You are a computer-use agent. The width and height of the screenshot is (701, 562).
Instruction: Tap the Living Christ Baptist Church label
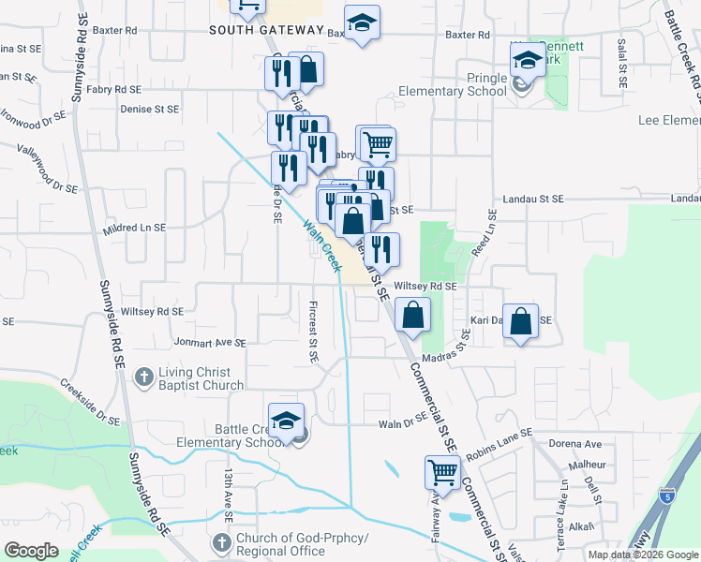tap(201, 378)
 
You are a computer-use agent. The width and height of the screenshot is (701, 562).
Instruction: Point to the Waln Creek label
tap(321, 245)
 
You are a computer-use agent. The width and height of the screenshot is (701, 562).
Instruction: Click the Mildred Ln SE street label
tap(135, 228)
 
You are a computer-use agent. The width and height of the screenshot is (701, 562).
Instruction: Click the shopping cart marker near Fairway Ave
tap(442, 473)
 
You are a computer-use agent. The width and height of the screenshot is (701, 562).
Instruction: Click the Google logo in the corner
tap(31, 551)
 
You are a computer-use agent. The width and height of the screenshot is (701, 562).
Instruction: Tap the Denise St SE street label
tap(149, 109)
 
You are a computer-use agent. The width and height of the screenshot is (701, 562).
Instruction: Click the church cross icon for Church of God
tap(221, 542)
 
